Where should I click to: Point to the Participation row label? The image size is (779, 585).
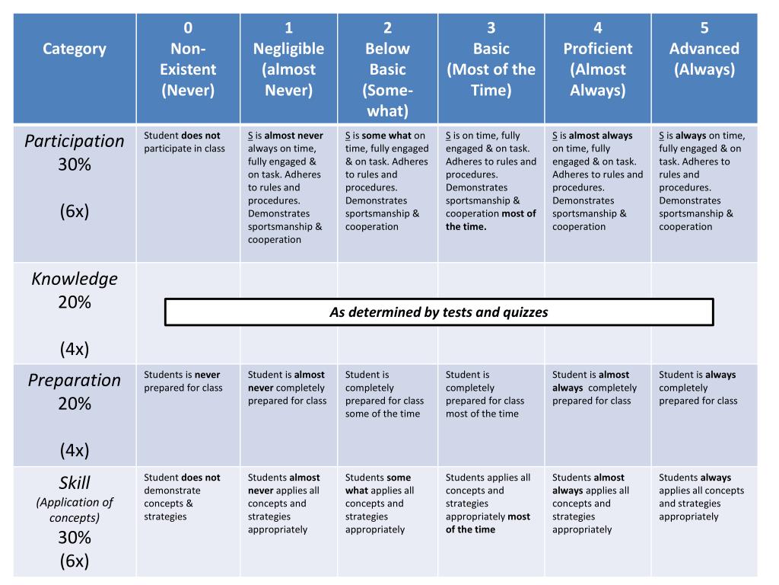point(75,141)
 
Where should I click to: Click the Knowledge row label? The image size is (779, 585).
point(75,279)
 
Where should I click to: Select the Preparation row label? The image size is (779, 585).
point(75,380)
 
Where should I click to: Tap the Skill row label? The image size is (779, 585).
point(75,482)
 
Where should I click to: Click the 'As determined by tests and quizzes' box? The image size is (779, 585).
point(439,312)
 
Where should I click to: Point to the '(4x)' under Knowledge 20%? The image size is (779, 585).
point(75,349)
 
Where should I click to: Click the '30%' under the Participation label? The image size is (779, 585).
point(75,165)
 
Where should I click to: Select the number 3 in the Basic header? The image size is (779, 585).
point(491,28)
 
